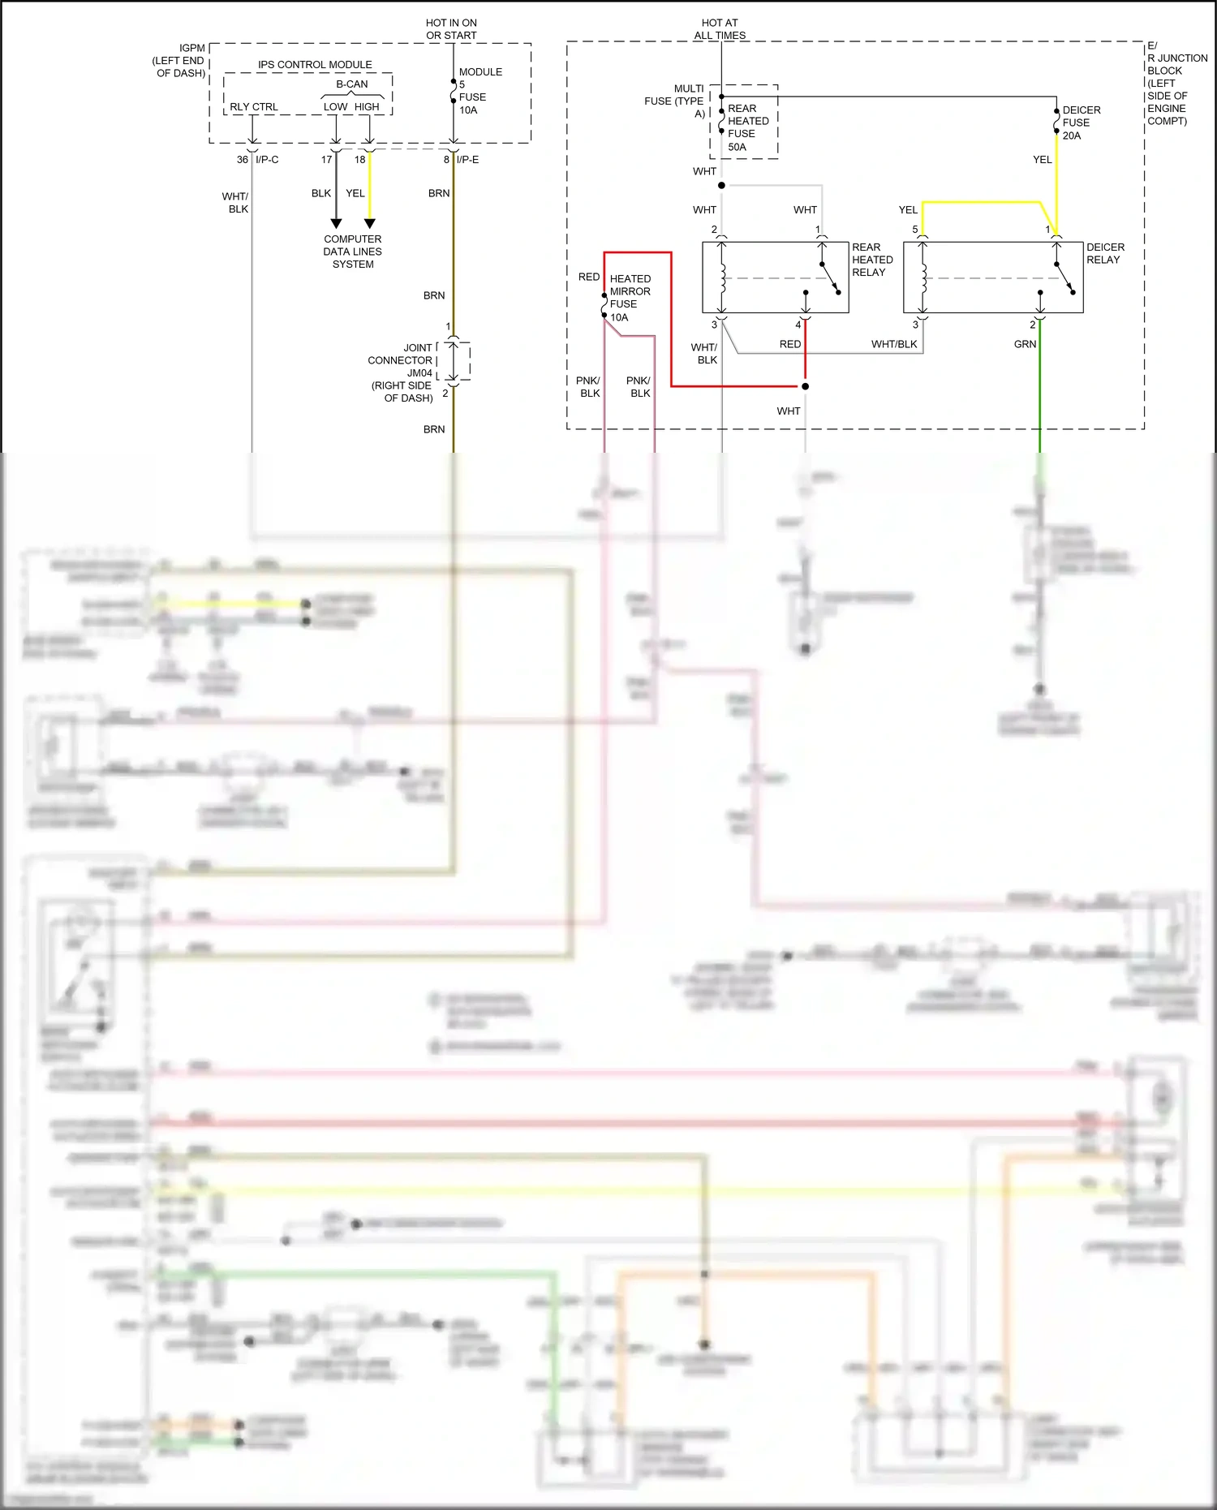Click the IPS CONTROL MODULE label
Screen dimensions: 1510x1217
coord(315,65)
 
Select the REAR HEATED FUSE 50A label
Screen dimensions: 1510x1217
coord(747,127)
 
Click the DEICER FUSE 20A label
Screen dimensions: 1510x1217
coord(1081,123)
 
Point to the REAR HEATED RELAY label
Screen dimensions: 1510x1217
coord(871,260)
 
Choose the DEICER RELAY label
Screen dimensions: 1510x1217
coord(1105,253)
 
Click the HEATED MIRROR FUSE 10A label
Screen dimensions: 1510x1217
coord(630,298)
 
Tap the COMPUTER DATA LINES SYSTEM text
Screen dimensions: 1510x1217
coord(352,252)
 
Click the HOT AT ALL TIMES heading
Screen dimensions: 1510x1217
coord(720,29)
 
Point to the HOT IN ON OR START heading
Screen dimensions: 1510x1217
coord(451,29)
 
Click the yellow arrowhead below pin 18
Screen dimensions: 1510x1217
coord(370,223)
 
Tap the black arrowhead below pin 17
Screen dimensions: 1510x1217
coord(336,223)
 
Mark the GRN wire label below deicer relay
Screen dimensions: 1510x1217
coord(1025,344)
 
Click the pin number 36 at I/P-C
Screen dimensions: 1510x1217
coord(242,160)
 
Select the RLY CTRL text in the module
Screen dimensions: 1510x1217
coord(253,107)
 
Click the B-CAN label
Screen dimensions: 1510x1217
coord(352,84)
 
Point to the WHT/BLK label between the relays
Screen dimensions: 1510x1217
coord(894,344)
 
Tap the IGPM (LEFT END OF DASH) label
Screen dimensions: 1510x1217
coord(179,61)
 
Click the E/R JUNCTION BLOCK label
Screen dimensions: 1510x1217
coord(1176,83)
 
